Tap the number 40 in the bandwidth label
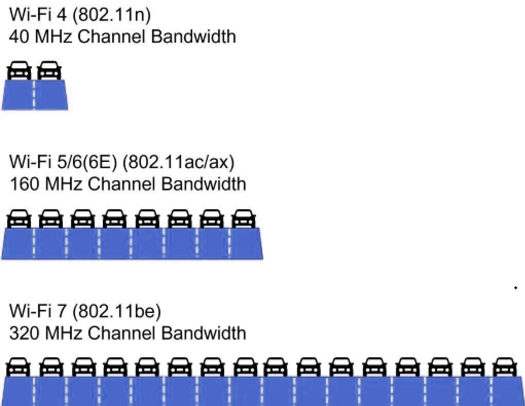[20, 36]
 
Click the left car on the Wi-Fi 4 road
[19, 71]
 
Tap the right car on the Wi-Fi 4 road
[49, 71]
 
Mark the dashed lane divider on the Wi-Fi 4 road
[34, 95]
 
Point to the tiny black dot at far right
[516, 288]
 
